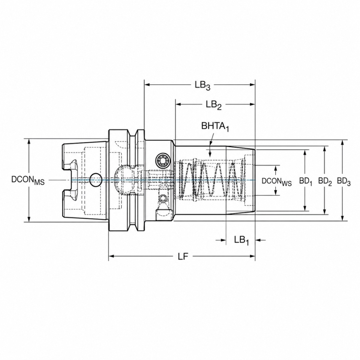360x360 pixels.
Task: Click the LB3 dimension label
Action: point(202,86)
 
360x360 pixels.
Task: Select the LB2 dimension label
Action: point(213,105)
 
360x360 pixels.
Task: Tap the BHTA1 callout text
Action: point(215,127)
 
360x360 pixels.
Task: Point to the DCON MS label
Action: point(28,180)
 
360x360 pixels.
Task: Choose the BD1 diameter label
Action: point(306,181)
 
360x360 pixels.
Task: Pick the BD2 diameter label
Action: point(325,181)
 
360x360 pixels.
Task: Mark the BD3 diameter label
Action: point(344,181)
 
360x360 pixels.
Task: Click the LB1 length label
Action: point(241,240)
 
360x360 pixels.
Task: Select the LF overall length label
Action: point(183,256)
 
